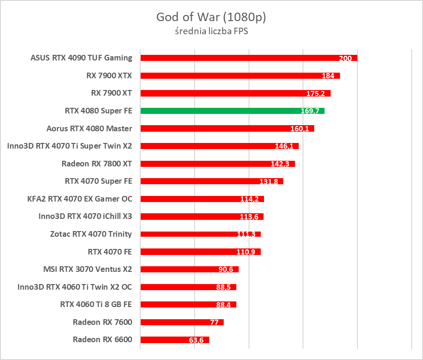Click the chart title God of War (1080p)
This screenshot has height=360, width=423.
click(x=211, y=17)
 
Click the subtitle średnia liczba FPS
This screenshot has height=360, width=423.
click(x=211, y=32)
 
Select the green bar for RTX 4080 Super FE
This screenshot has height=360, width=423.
click(x=232, y=111)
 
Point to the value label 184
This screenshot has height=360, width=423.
click(x=328, y=76)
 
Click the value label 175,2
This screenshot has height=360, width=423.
click(x=316, y=94)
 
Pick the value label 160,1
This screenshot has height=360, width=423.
click(x=300, y=129)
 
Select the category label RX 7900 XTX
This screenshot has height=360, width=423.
click(x=109, y=75)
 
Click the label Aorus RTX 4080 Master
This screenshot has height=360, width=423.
click(x=89, y=128)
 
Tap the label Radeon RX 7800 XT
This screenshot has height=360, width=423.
click(x=97, y=164)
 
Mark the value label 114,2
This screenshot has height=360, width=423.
click(x=249, y=199)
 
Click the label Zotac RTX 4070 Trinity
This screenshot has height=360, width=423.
click(x=91, y=234)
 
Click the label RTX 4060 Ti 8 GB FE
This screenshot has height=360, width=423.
click(x=96, y=304)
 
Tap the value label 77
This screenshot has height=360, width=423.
click(x=215, y=322)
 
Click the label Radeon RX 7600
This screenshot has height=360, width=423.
click(x=102, y=322)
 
